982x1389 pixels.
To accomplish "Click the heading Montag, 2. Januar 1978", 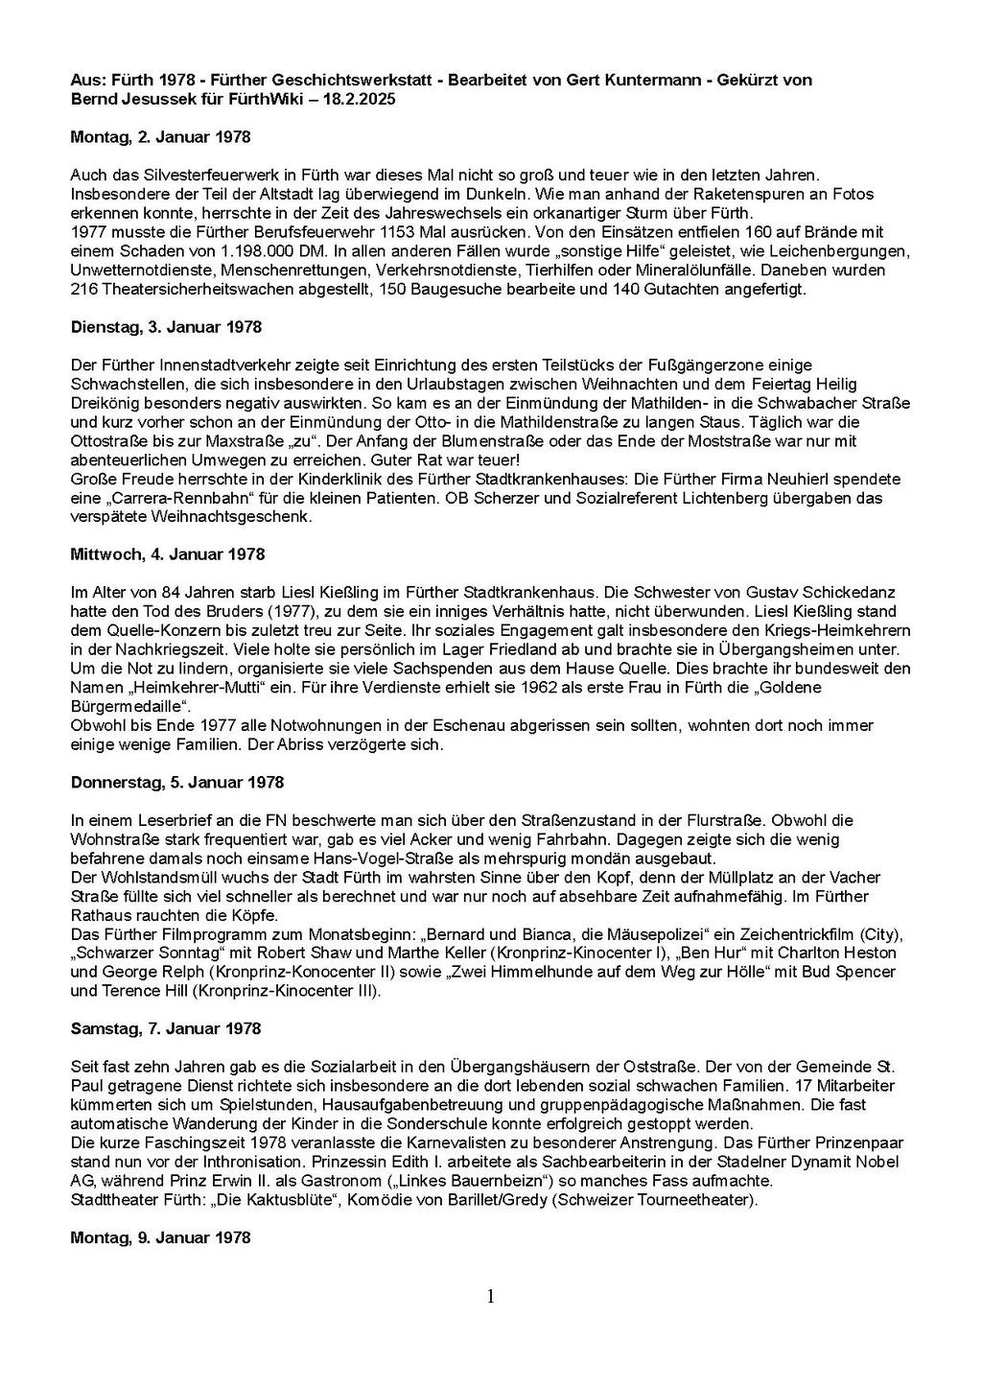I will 160,137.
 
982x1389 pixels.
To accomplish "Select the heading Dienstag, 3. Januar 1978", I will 166,327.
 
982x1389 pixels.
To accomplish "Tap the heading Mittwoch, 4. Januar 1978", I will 168,554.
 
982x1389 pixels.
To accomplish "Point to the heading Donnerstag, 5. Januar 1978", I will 177,783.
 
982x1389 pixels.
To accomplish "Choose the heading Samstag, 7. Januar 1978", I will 166,1029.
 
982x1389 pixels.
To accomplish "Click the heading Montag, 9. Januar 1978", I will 160,1237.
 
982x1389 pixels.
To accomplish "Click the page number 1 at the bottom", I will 491,1297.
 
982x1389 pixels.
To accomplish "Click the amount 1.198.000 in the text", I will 193,251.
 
